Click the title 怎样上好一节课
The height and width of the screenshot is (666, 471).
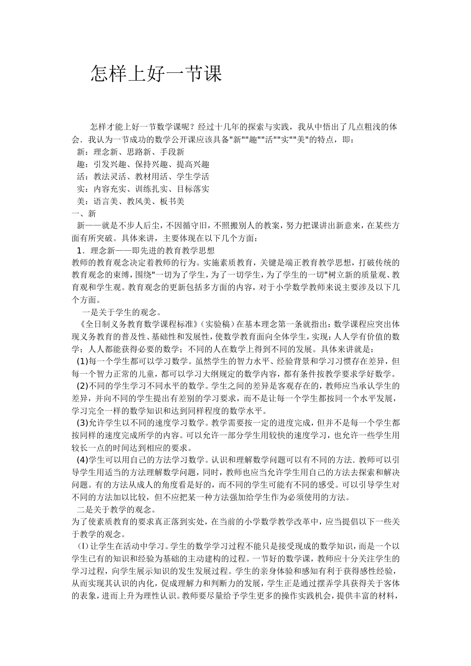[x=156, y=74]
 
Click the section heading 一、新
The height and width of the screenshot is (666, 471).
[x=84, y=214]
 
